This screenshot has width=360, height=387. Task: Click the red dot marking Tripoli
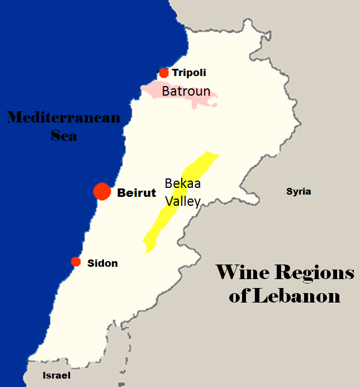[x=163, y=73]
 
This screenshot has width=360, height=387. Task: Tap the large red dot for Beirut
[x=102, y=191]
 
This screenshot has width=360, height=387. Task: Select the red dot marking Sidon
[x=76, y=262]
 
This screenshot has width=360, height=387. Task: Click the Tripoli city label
[x=189, y=73]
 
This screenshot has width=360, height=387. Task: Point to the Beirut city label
[x=136, y=193]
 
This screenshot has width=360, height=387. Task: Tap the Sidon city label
[x=102, y=263]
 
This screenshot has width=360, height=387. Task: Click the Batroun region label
[x=186, y=91]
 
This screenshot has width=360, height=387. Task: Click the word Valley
[x=182, y=201]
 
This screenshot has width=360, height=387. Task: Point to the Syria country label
[x=299, y=192]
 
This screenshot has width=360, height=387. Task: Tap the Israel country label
[x=56, y=375]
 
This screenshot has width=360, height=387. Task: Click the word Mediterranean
[x=63, y=118]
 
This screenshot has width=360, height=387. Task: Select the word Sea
[x=64, y=135]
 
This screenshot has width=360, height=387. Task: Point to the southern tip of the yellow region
[x=146, y=251]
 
